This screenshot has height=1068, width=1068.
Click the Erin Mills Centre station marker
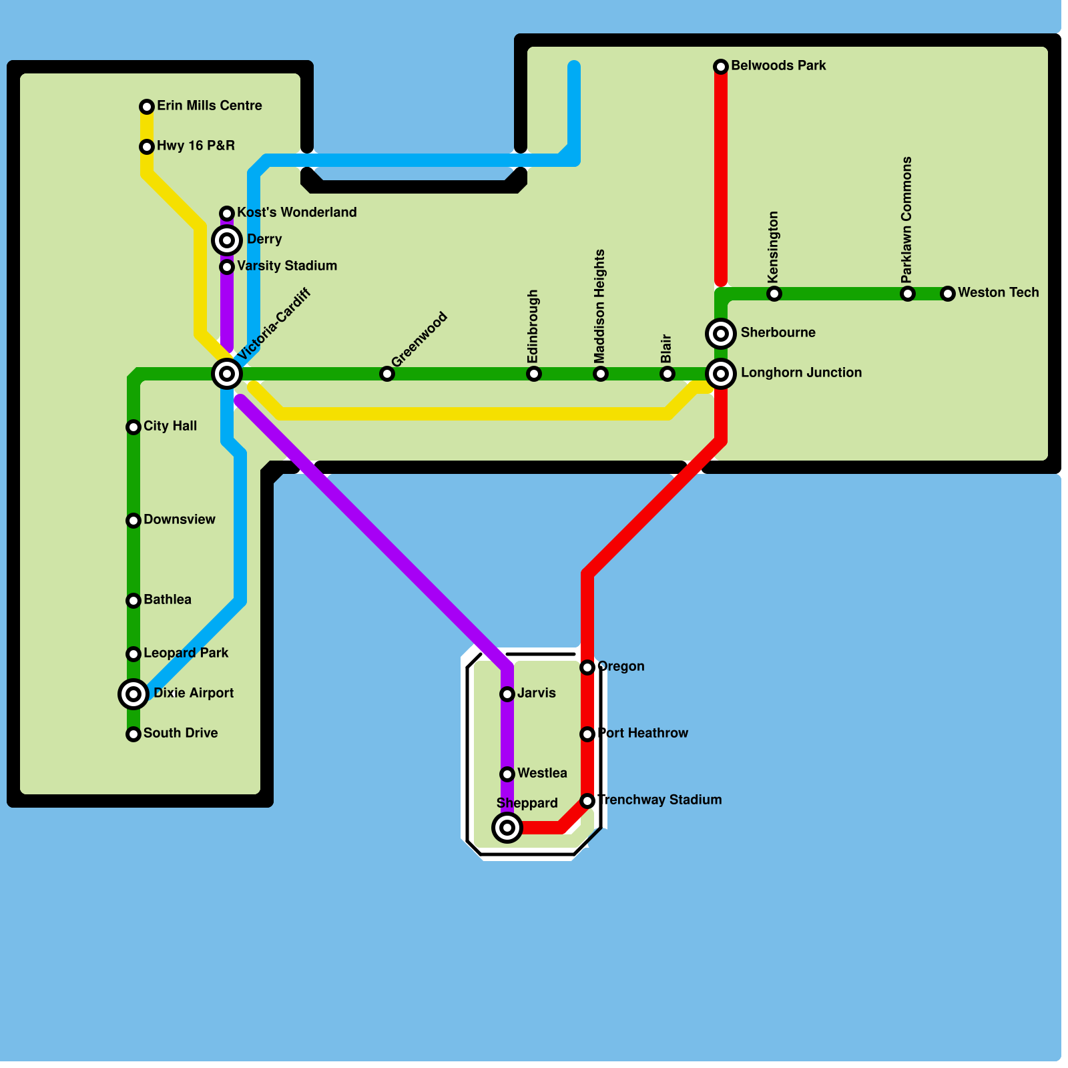147,107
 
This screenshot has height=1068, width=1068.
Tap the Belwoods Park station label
778,65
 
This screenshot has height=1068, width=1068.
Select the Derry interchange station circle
227,240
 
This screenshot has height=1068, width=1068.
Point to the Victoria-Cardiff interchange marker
227,374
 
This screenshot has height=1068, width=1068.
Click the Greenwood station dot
387,374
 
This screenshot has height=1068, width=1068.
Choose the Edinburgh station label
533,326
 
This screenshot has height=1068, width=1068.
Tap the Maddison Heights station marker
601,374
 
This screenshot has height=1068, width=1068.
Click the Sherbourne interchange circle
721,334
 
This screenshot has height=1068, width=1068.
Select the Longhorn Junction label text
801,372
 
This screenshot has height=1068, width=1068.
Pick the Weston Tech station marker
948,294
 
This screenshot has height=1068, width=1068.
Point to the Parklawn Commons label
906,220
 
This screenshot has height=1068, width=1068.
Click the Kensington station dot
774,294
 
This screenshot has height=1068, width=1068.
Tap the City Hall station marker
133,427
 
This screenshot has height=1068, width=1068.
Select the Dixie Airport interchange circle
133,694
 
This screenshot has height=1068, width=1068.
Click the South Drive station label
180,733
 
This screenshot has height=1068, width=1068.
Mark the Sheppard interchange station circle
507,828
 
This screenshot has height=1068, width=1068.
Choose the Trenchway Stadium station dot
587,801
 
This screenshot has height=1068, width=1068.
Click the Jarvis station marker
507,694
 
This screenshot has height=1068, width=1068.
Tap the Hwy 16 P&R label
196,146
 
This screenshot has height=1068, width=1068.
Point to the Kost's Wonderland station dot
227,214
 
